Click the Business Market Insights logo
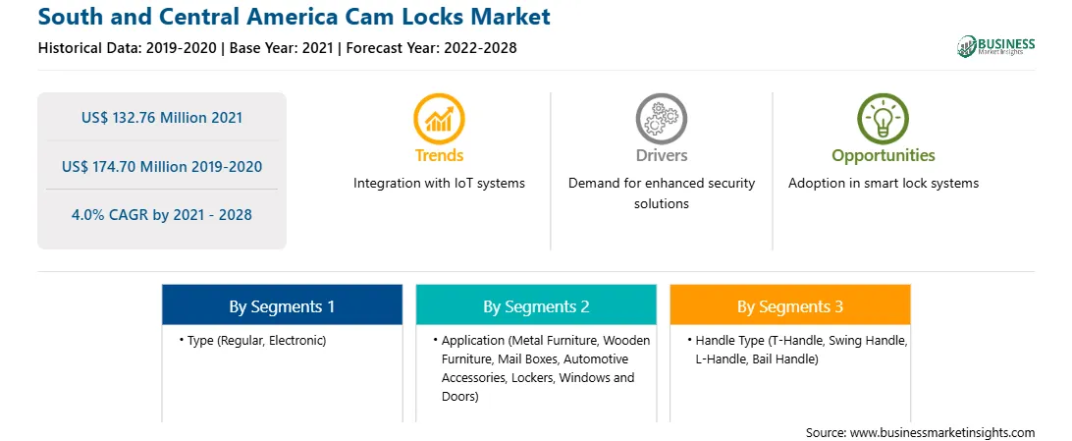tap(996, 46)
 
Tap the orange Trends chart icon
tap(439, 118)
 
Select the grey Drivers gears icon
tap(661, 118)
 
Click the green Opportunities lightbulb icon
tap(883, 118)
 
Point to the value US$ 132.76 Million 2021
tap(162, 118)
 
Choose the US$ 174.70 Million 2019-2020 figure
tap(162, 166)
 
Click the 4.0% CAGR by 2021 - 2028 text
tap(162, 215)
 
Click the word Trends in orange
tap(439, 155)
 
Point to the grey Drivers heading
tap(661, 155)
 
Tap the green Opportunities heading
tap(884, 155)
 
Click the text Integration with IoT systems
tap(439, 184)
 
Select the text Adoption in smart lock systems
tap(884, 184)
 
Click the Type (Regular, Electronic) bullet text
tap(257, 340)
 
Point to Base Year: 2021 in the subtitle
tap(282, 48)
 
